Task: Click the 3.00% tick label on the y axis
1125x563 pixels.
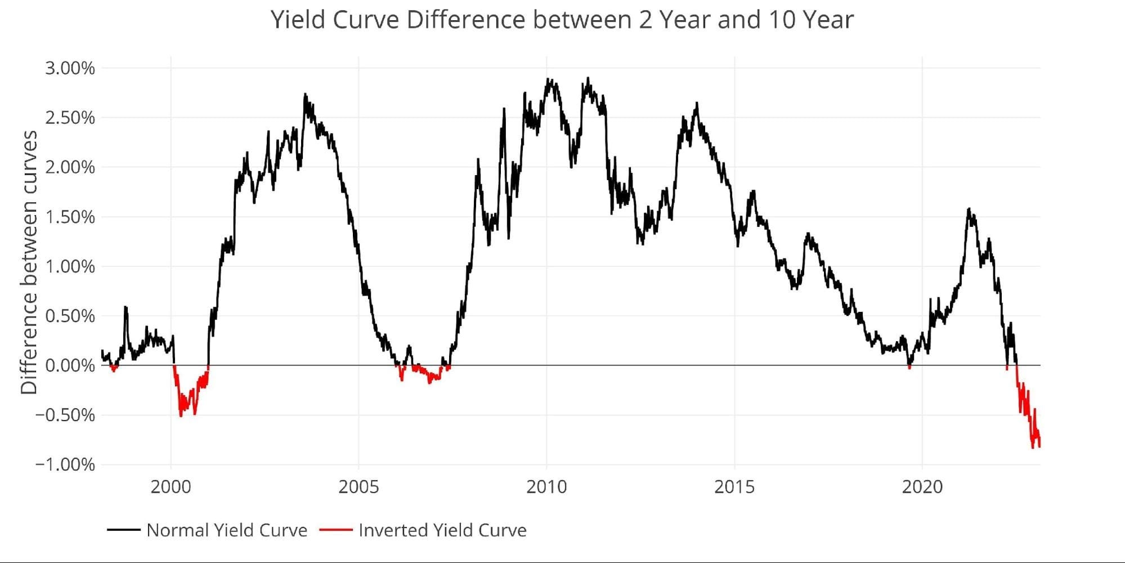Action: coord(70,68)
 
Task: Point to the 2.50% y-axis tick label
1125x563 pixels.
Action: coord(70,118)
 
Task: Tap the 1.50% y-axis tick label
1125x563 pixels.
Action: coord(70,217)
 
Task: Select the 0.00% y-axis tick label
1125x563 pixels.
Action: coord(70,365)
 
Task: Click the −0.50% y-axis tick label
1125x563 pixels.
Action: coord(65,415)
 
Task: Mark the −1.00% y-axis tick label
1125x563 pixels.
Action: coord(65,464)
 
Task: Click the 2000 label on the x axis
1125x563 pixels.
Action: coord(171,486)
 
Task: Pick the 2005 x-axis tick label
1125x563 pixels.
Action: coord(358,486)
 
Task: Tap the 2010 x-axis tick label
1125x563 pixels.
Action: coord(546,486)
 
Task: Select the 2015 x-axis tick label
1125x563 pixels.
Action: coord(734,486)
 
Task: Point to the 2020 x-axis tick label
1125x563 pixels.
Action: coord(922,486)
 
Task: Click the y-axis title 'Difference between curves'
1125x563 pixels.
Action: coord(29,262)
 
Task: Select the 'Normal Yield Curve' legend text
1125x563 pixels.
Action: coord(227,530)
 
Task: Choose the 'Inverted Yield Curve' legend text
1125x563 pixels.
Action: coord(442,530)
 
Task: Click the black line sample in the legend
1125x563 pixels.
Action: coord(123,530)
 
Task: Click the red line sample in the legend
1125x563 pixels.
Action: coord(335,530)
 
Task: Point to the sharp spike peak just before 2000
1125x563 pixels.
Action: coord(125,307)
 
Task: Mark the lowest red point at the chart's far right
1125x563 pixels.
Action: coord(1033,448)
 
